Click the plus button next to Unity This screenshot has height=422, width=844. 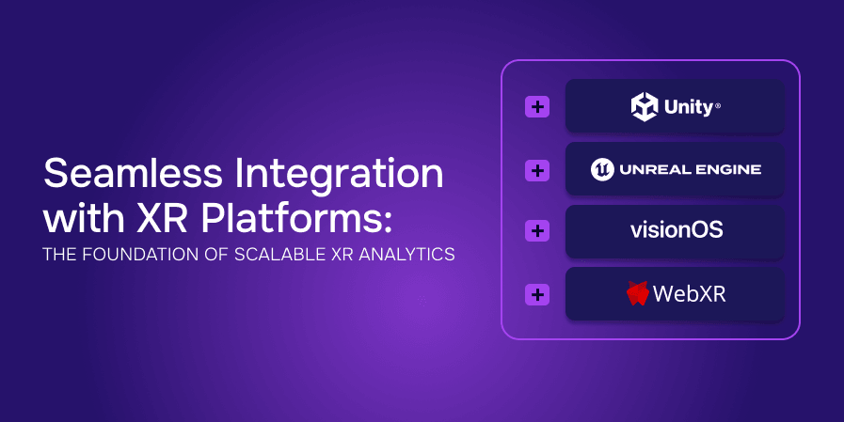536,106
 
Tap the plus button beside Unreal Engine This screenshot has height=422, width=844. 536,170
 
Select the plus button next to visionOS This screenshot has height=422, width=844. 536,230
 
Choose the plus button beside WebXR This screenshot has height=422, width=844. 536,294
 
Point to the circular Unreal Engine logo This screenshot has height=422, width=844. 602,169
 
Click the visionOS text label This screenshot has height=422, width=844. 676,230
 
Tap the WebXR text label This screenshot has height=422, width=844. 690,294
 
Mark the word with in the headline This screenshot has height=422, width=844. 73,219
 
